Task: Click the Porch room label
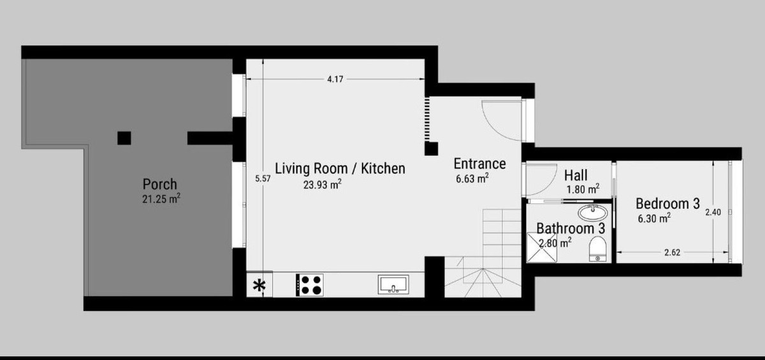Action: click(x=160, y=185)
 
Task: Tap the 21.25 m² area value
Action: click(x=161, y=199)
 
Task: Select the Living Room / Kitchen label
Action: click(x=340, y=169)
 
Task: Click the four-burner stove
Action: click(x=310, y=284)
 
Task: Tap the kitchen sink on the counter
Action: click(x=395, y=284)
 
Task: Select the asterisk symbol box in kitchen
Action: click(x=259, y=285)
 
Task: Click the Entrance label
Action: click(x=479, y=164)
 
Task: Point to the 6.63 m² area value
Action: click(x=472, y=178)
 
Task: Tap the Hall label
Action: click(x=576, y=175)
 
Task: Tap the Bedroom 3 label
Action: click(x=667, y=204)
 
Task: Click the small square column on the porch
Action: click(x=124, y=138)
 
